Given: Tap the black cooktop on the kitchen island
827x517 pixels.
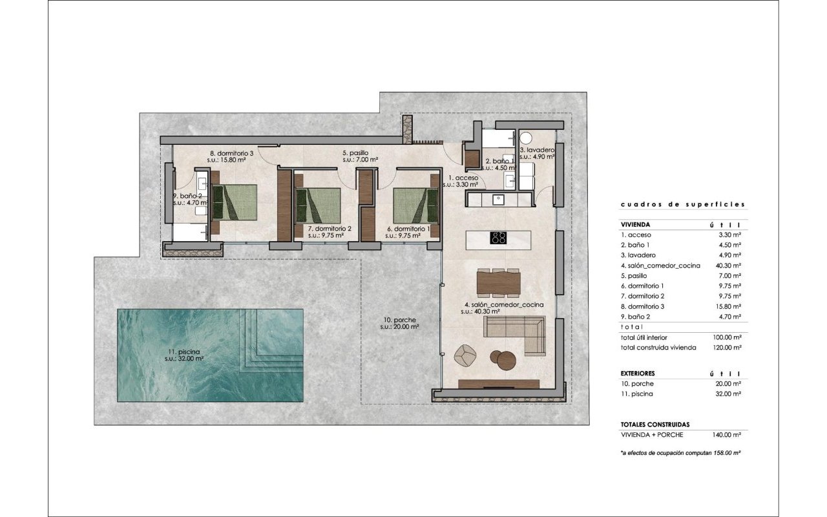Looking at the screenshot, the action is coord(498,237).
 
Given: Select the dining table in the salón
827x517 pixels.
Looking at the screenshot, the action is coord(498,283).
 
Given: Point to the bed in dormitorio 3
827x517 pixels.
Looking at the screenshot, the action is coord(233,203).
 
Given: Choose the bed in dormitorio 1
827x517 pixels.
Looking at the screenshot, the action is coord(416,206).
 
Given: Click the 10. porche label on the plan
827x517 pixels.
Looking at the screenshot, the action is coord(399,320).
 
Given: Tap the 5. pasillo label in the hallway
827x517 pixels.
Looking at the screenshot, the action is coord(355,153).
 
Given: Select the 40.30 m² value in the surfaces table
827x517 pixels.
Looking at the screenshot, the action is coord(728,266).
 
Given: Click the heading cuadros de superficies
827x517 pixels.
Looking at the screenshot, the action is coord(683,204).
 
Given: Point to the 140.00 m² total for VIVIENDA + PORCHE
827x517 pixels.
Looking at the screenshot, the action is coord(727,435).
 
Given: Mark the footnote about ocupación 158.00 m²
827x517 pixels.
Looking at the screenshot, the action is coord(680,453).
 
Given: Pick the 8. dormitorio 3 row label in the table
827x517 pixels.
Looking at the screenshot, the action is coord(642,306).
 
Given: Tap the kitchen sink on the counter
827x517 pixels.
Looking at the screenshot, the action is coord(498,199).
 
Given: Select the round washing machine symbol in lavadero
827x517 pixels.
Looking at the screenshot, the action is coord(526,138).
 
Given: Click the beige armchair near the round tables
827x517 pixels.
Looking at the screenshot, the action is coord(465,355).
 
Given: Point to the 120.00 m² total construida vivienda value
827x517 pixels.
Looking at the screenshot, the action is coord(727,348).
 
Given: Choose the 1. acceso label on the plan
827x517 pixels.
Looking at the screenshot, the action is coord(461,178).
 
